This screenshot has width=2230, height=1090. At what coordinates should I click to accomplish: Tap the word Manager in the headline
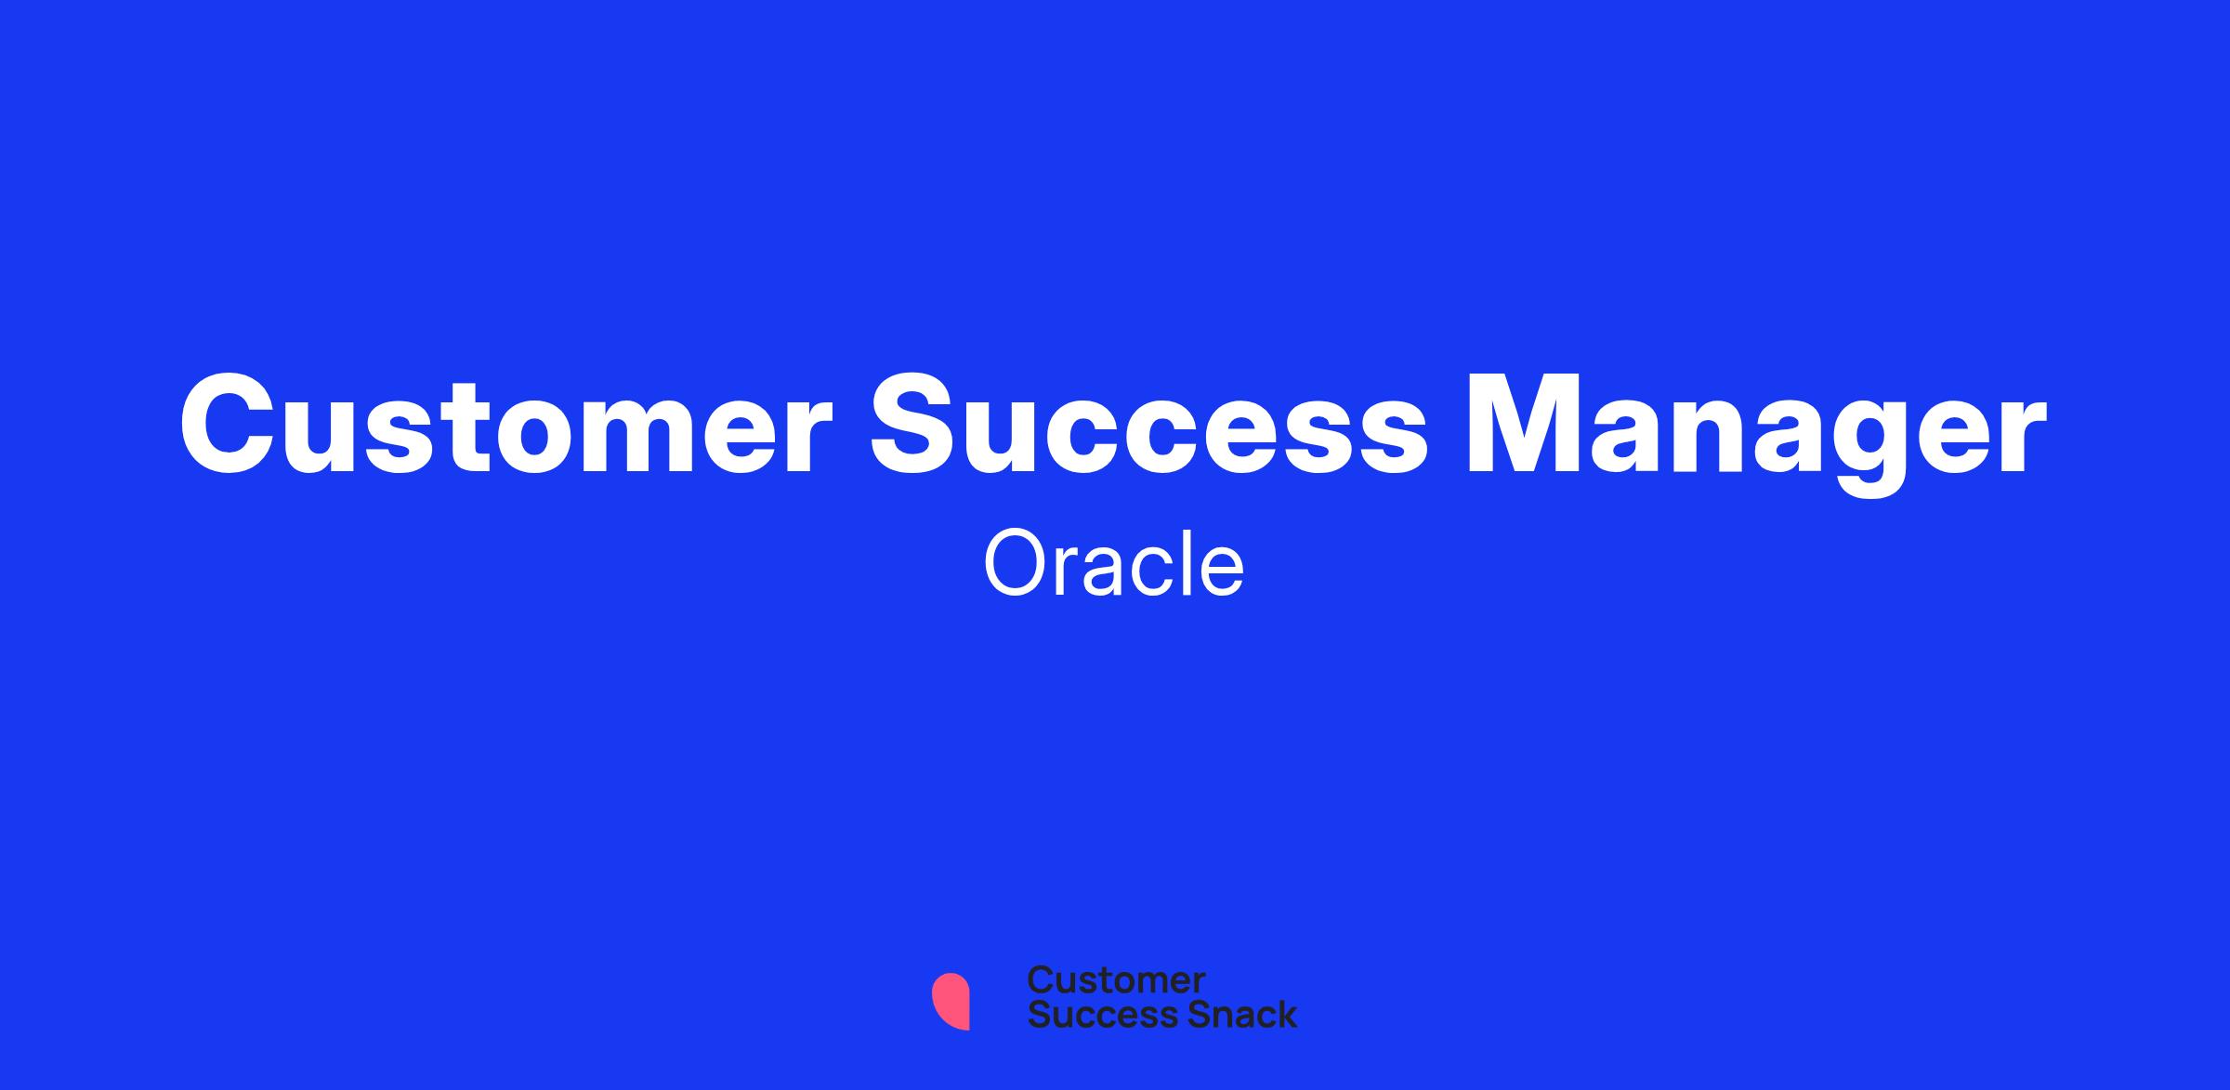click(x=1756, y=433)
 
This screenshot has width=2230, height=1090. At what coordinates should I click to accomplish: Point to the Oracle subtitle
click(x=1114, y=564)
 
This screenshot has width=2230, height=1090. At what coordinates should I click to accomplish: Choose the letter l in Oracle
click(x=1186, y=563)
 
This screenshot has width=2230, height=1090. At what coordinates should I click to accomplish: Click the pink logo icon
click(x=951, y=1001)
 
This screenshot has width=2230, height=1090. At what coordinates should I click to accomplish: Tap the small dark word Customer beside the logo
click(x=1116, y=979)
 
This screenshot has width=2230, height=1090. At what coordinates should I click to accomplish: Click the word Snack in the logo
click(x=1229, y=1015)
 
